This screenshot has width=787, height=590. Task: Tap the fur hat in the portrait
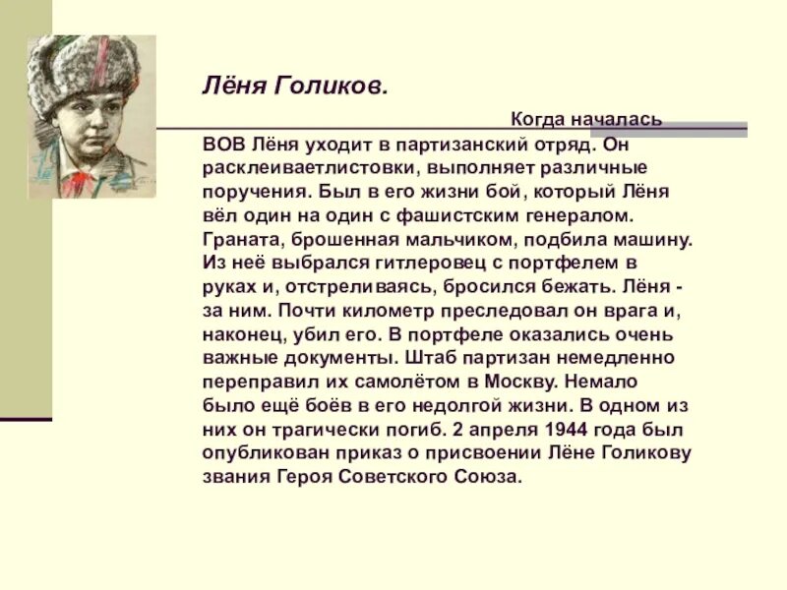[85, 74]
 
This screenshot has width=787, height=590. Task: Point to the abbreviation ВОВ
[221, 144]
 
